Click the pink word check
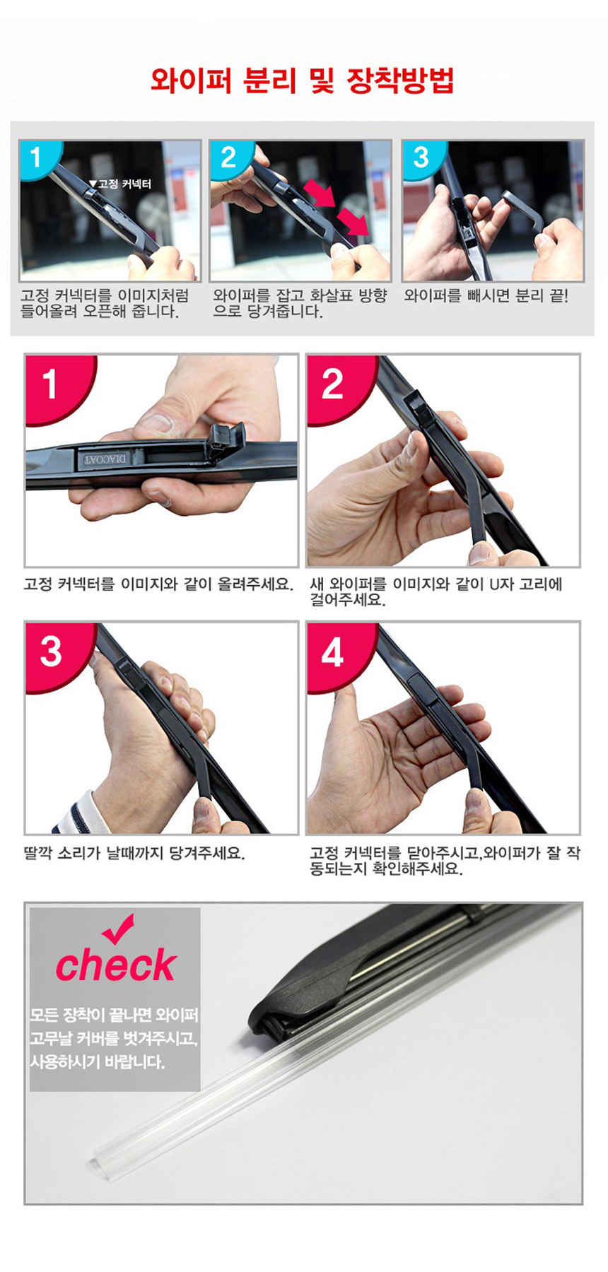coord(115,965)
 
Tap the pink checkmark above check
coord(118,928)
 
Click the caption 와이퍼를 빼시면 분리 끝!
coord(486,296)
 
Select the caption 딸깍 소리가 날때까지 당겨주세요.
coord(134,853)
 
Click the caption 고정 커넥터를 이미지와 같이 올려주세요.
coord(158,584)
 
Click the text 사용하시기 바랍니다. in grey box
coord(97,1062)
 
